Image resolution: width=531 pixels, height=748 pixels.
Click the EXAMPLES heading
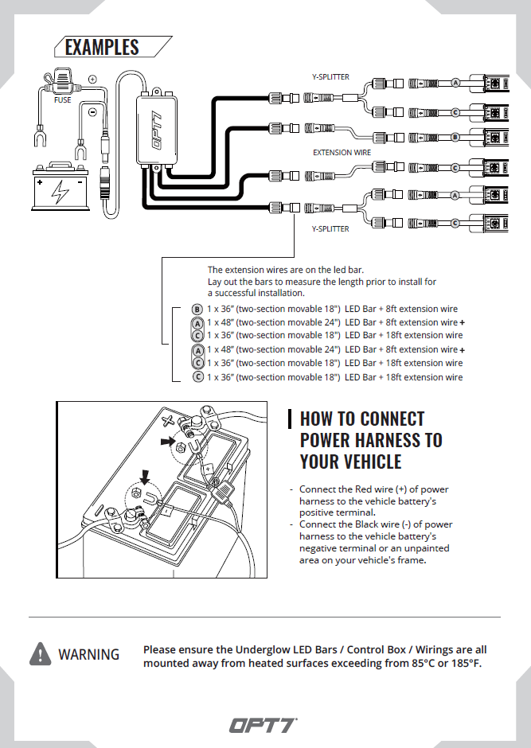[x=102, y=47]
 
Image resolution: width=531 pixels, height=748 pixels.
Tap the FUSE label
[x=62, y=100]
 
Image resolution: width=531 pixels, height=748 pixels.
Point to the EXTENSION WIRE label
[x=342, y=152]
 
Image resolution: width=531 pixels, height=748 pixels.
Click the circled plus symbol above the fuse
[x=92, y=80]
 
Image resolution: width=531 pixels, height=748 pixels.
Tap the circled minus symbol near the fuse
[x=92, y=113]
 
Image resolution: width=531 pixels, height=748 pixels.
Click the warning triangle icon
[x=40, y=654]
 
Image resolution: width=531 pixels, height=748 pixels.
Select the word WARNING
[x=88, y=654]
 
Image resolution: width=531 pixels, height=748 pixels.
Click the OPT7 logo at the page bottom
[x=264, y=725]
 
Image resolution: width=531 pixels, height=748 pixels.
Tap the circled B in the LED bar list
[x=198, y=309]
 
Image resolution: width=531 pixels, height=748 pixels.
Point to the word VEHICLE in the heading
[x=374, y=462]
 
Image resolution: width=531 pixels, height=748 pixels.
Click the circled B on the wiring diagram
[x=456, y=137]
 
